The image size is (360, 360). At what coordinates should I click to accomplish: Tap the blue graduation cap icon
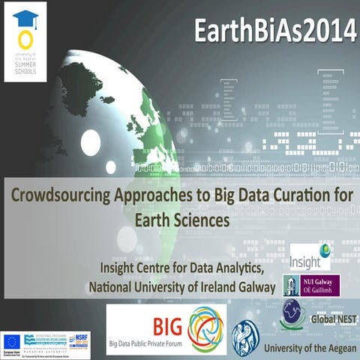pos(25,17)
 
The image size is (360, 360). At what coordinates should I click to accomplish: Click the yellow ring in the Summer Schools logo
pos(25,39)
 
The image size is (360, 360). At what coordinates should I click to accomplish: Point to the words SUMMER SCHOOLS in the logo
pos(25,71)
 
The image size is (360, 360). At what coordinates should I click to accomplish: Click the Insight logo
pos(310,256)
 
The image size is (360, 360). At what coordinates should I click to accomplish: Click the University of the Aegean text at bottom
pos(309,349)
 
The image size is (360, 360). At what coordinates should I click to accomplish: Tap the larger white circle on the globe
pos(90,142)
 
